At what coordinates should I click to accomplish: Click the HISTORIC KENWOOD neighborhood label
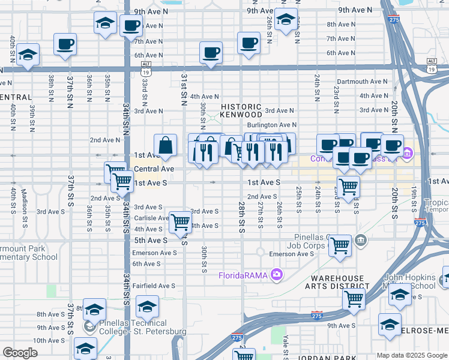241,110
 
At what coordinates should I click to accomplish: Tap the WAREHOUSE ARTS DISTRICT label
338,283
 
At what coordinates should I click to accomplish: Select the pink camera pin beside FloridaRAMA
276,275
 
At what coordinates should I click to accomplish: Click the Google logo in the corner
20,353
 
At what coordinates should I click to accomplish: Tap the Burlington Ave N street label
273,125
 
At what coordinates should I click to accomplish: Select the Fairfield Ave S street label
154,286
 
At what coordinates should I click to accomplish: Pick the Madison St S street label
25,200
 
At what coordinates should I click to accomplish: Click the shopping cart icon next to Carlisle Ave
180,223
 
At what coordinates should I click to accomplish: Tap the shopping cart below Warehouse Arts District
354,298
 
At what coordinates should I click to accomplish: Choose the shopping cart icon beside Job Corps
340,245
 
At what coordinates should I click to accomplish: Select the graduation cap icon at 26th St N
286,19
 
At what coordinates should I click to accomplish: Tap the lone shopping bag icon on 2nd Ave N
165,145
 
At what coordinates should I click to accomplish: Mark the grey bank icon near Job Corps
360,241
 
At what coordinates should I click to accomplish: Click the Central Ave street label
154,169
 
